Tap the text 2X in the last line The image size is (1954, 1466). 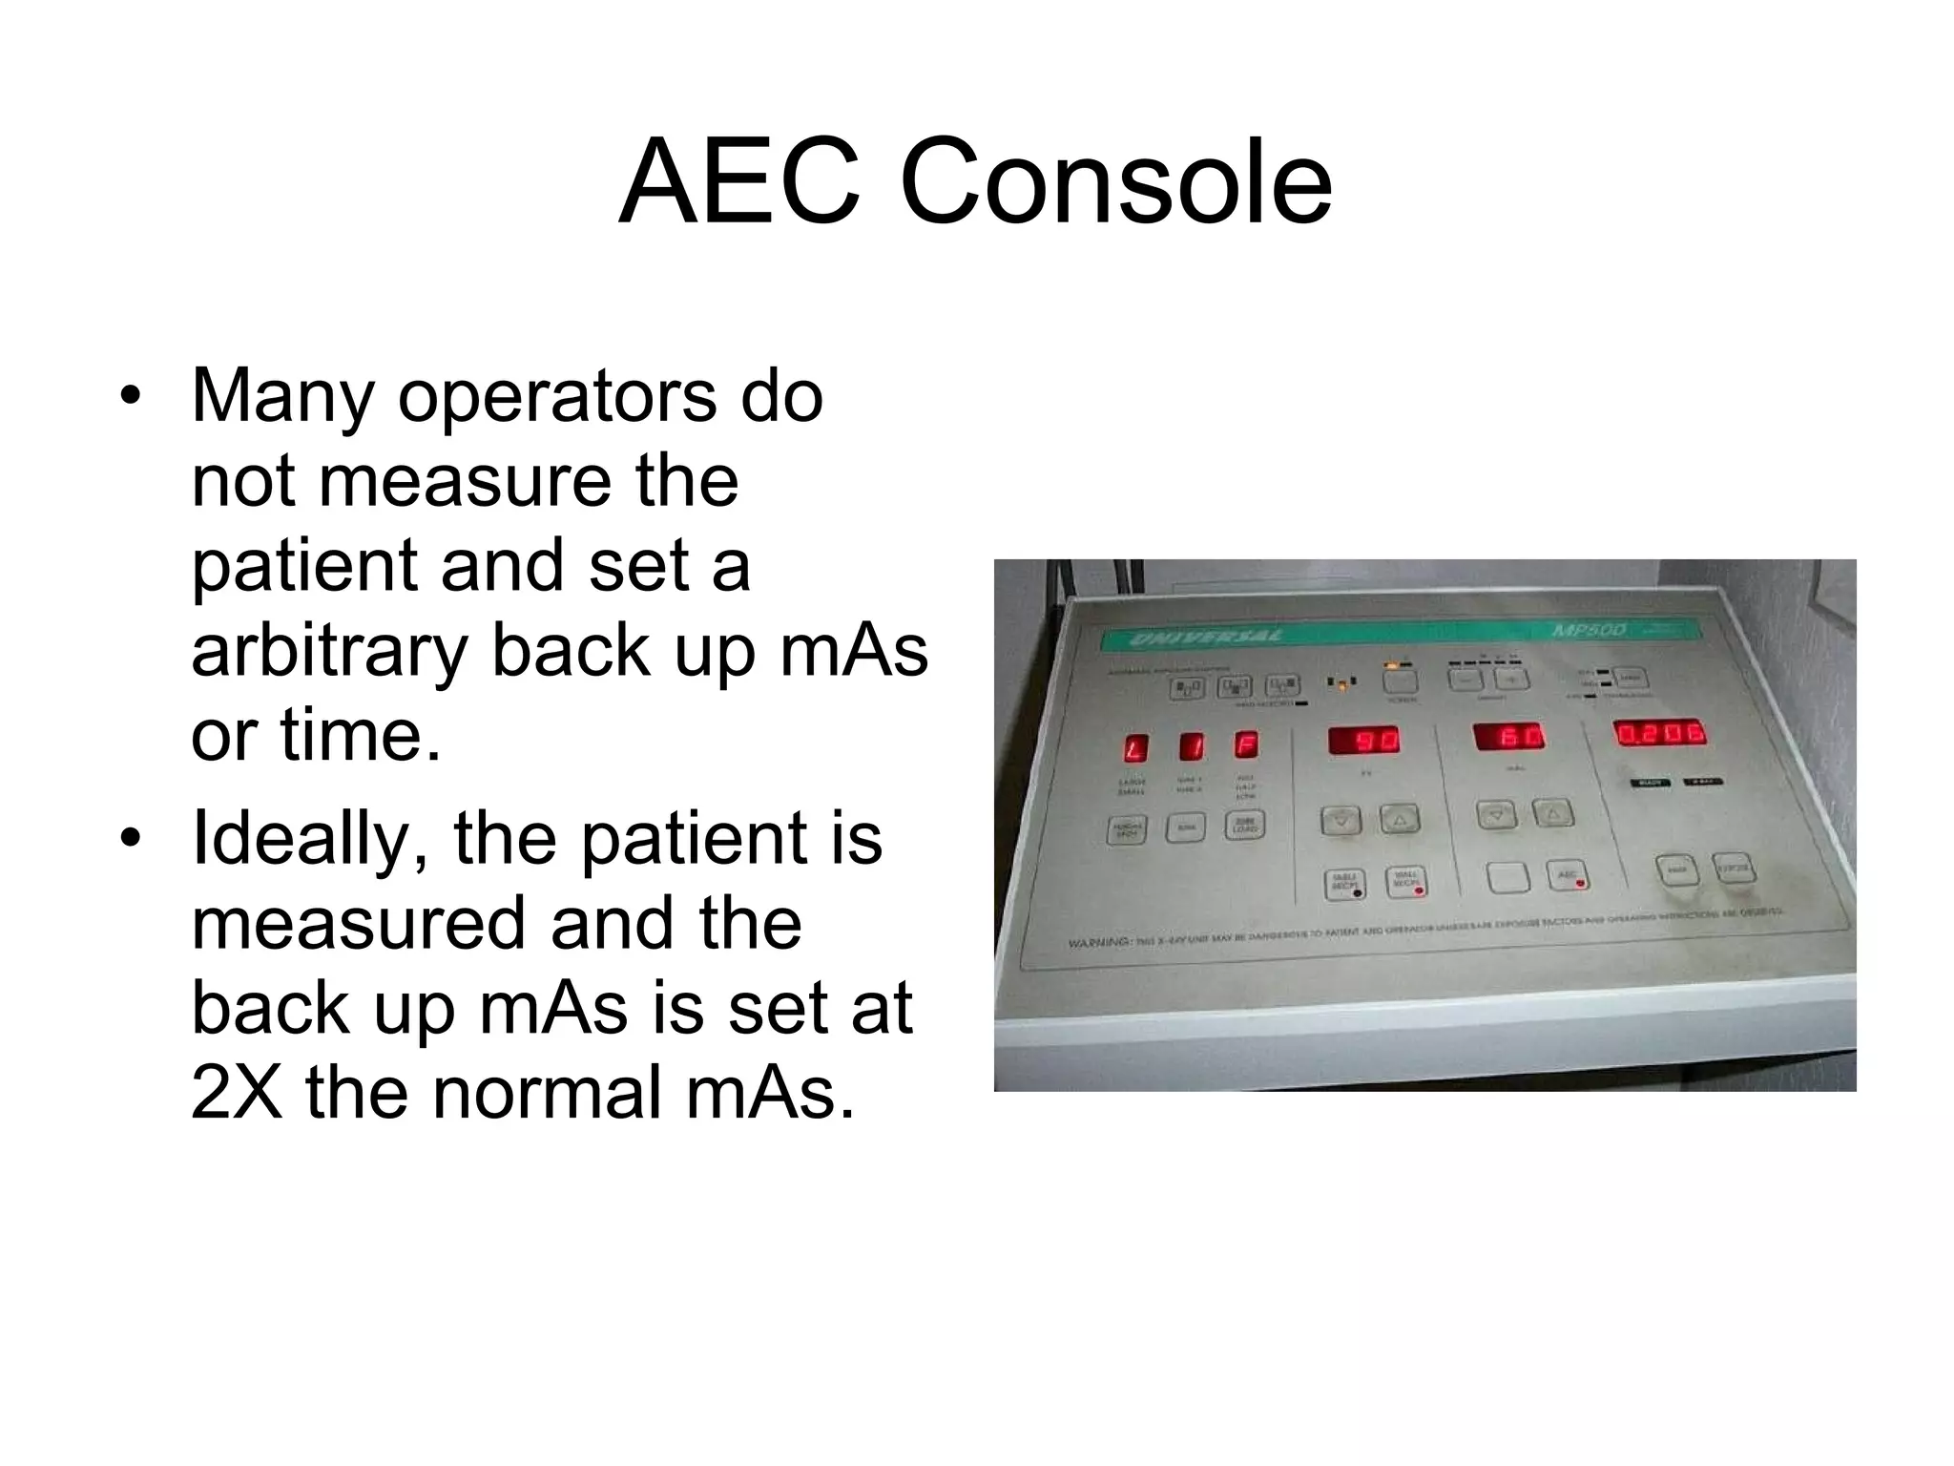click(237, 1092)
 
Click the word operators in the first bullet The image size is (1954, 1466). click(556, 395)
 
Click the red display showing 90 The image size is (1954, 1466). click(1364, 740)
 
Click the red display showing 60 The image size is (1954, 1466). click(1508, 737)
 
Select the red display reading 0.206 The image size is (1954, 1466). click(1659, 733)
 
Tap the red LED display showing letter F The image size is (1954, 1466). click(1246, 744)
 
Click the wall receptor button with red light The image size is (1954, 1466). click(1406, 882)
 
